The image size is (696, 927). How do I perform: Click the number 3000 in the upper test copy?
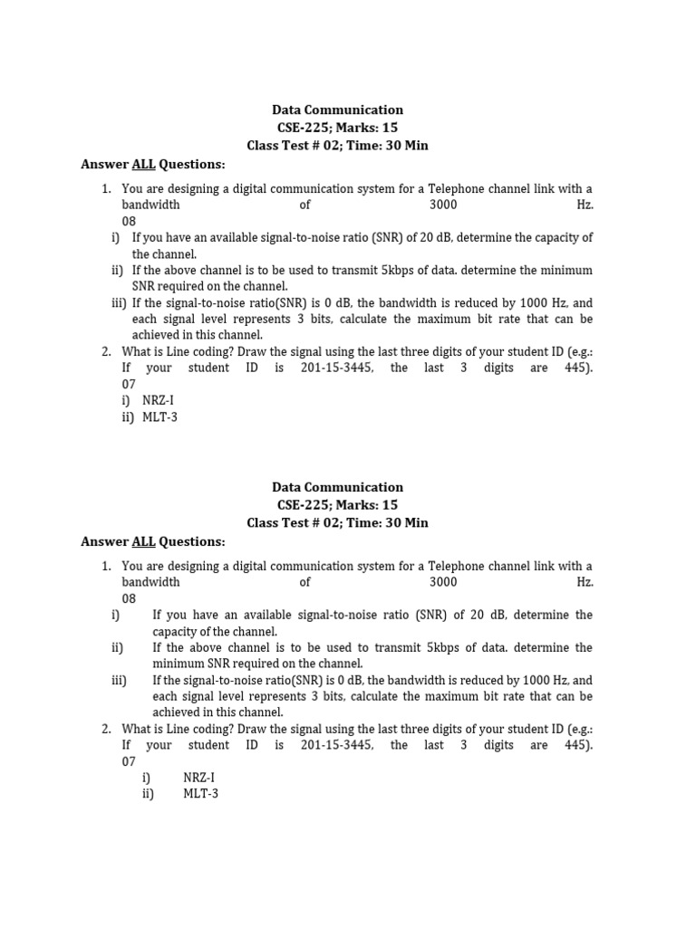click(x=443, y=205)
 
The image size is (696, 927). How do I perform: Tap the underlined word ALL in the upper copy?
click(x=144, y=164)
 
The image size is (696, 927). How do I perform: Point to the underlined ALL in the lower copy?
click(x=144, y=541)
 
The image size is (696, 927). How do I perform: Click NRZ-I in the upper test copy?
click(x=159, y=401)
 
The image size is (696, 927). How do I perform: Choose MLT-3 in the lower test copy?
click(x=200, y=794)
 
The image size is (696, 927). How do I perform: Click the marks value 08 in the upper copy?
click(x=129, y=221)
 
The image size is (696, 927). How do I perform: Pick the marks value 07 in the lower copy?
click(x=129, y=761)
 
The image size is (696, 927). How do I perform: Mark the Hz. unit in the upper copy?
click(x=585, y=205)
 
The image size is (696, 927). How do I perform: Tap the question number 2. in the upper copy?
click(x=106, y=351)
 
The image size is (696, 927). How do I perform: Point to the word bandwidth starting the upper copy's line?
click(x=150, y=205)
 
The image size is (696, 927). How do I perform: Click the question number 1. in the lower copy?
click(x=106, y=566)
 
